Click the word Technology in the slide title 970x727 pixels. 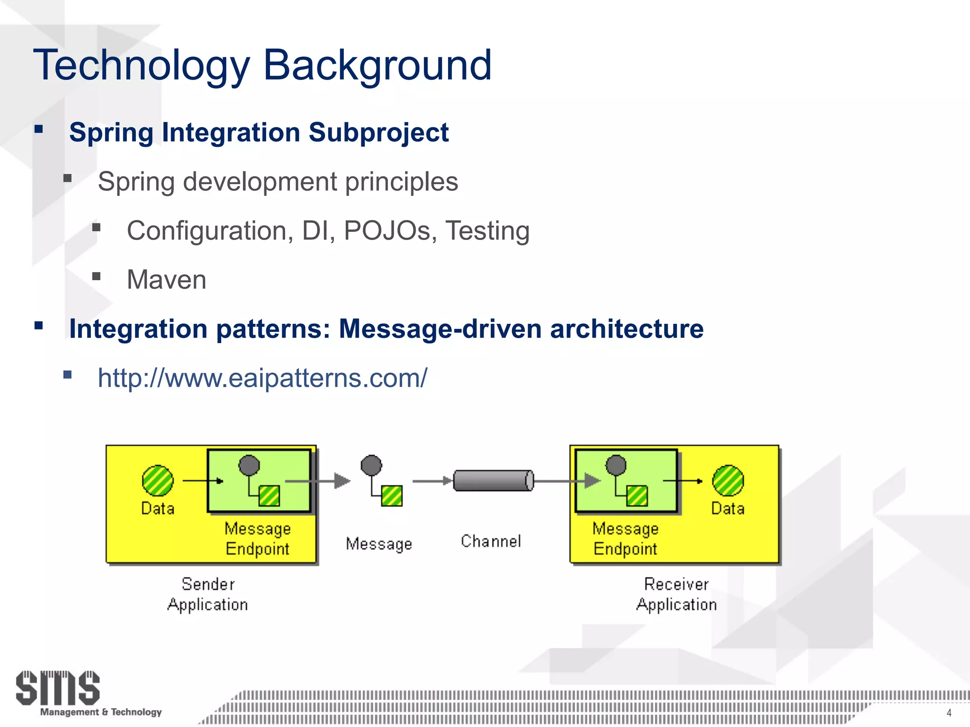click(141, 65)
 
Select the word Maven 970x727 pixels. click(166, 280)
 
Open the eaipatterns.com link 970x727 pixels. click(262, 378)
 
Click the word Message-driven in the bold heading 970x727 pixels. click(440, 329)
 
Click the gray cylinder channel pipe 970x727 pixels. click(493, 480)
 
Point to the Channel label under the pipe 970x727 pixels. click(491, 541)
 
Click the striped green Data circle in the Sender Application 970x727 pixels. click(158, 480)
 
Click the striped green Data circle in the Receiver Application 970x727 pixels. click(728, 480)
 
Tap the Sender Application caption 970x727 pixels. click(207, 594)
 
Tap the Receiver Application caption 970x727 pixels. click(676, 594)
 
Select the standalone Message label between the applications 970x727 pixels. click(379, 544)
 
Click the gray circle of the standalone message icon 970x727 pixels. click(371, 465)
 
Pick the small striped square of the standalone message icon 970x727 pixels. click(392, 496)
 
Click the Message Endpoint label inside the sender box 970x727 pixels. click(257, 539)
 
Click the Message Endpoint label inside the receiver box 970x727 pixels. click(625, 539)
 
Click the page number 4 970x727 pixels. click(949, 713)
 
